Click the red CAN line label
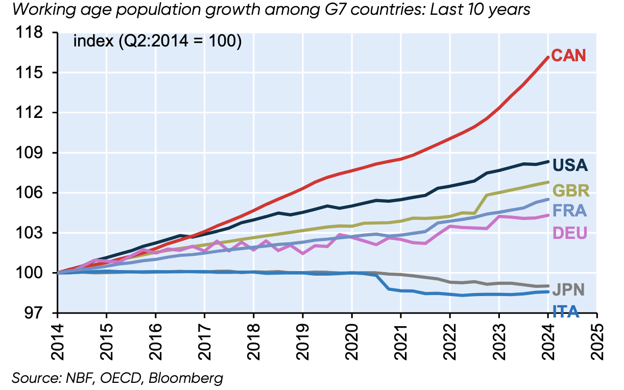(x=568, y=55)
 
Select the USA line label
(x=570, y=165)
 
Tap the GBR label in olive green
(x=571, y=191)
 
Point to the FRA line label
(x=569, y=211)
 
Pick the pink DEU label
(x=570, y=233)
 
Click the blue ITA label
(x=566, y=311)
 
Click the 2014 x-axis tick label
(x=57, y=338)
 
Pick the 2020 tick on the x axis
(x=352, y=338)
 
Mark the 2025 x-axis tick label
(x=597, y=338)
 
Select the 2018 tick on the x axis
(x=253, y=338)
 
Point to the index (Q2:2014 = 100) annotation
(x=157, y=41)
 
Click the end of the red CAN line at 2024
(x=547, y=57)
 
